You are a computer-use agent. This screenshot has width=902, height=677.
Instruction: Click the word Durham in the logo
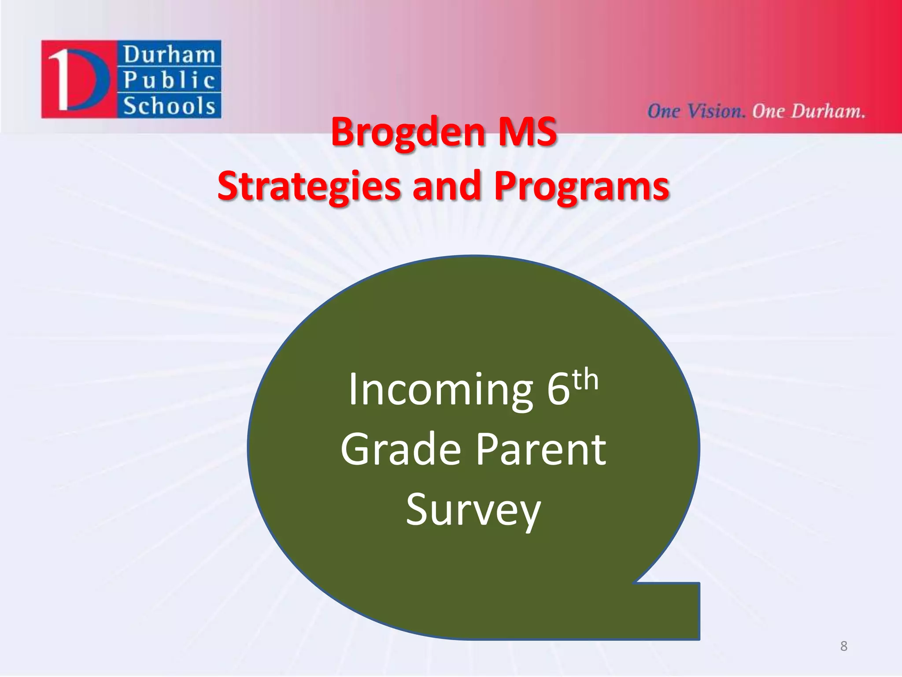coord(169,55)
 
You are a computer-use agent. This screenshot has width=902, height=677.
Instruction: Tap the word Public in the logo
coord(169,80)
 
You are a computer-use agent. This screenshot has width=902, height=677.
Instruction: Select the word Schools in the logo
coord(169,106)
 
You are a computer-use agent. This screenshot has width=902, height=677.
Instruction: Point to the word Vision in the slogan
coord(716,111)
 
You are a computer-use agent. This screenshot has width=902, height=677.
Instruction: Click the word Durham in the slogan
coord(828,111)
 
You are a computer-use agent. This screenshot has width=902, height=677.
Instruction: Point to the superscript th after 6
coord(585,380)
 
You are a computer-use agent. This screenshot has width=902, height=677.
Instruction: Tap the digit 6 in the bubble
coord(558,390)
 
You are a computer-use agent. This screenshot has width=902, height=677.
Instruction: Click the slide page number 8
coord(843,646)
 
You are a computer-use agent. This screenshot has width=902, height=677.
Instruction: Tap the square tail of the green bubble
coord(674,611)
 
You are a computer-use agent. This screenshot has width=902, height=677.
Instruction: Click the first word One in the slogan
coord(663,111)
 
